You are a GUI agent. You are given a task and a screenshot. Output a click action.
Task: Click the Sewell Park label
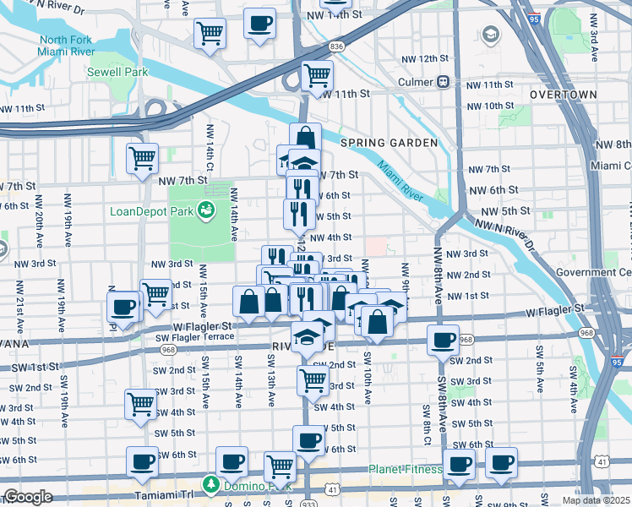point(117,72)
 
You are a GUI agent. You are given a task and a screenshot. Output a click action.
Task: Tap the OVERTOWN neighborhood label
point(564,95)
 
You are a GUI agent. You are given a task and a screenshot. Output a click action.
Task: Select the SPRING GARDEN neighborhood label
point(389,143)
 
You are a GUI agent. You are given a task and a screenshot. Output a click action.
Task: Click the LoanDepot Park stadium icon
point(205,210)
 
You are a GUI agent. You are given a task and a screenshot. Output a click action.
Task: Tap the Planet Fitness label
point(405,470)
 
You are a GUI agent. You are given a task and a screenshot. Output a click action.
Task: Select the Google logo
point(28,496)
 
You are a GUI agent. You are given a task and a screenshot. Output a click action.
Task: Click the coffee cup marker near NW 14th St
point(259,23)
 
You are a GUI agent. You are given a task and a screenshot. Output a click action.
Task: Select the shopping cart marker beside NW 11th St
point(317,75)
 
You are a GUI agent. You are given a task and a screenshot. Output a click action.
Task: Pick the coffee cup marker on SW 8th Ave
point(443,340)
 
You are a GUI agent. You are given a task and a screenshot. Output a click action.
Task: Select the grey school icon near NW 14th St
point(489,35)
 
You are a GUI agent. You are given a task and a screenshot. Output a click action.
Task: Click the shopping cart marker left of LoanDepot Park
point(142,157)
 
